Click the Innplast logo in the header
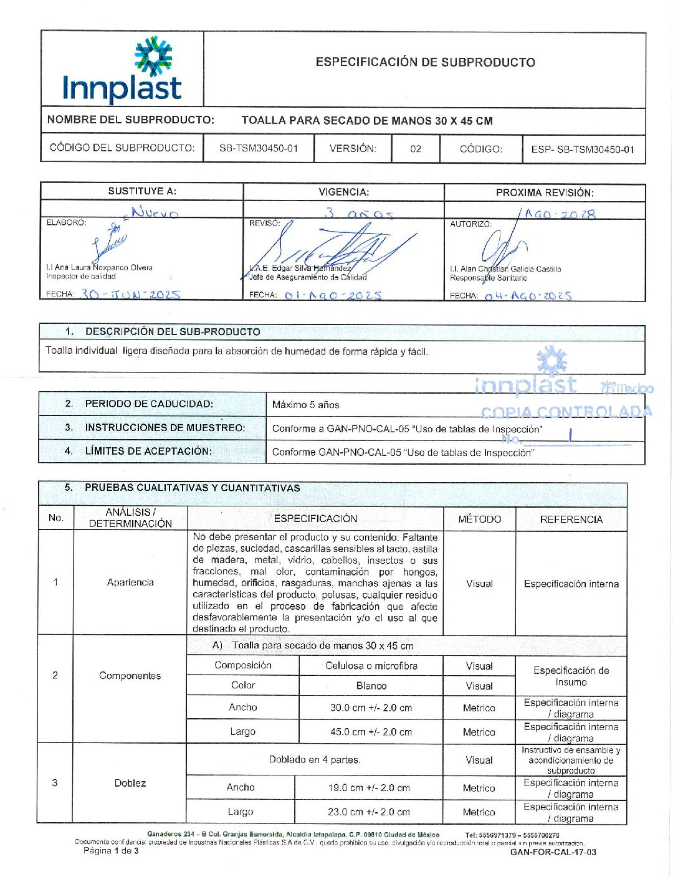(122, 70)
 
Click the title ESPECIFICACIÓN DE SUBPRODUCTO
(425, 62)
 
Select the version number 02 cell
(416, 149)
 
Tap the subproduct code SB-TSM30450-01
(259, 149)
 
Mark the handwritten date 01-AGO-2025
(333, 295)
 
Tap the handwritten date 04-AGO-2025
(528, 296)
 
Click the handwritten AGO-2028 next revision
(560, 214)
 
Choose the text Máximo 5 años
(306, 405)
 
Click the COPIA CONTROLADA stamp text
(566, 412)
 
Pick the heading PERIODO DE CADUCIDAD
(149, 404)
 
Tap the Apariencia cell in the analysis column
(130, 582)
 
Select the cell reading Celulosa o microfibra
(371, 666)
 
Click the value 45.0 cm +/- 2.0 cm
(371, 732)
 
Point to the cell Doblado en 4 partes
(315, 760)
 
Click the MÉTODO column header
(479, 519)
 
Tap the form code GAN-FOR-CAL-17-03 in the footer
(553, 852)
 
